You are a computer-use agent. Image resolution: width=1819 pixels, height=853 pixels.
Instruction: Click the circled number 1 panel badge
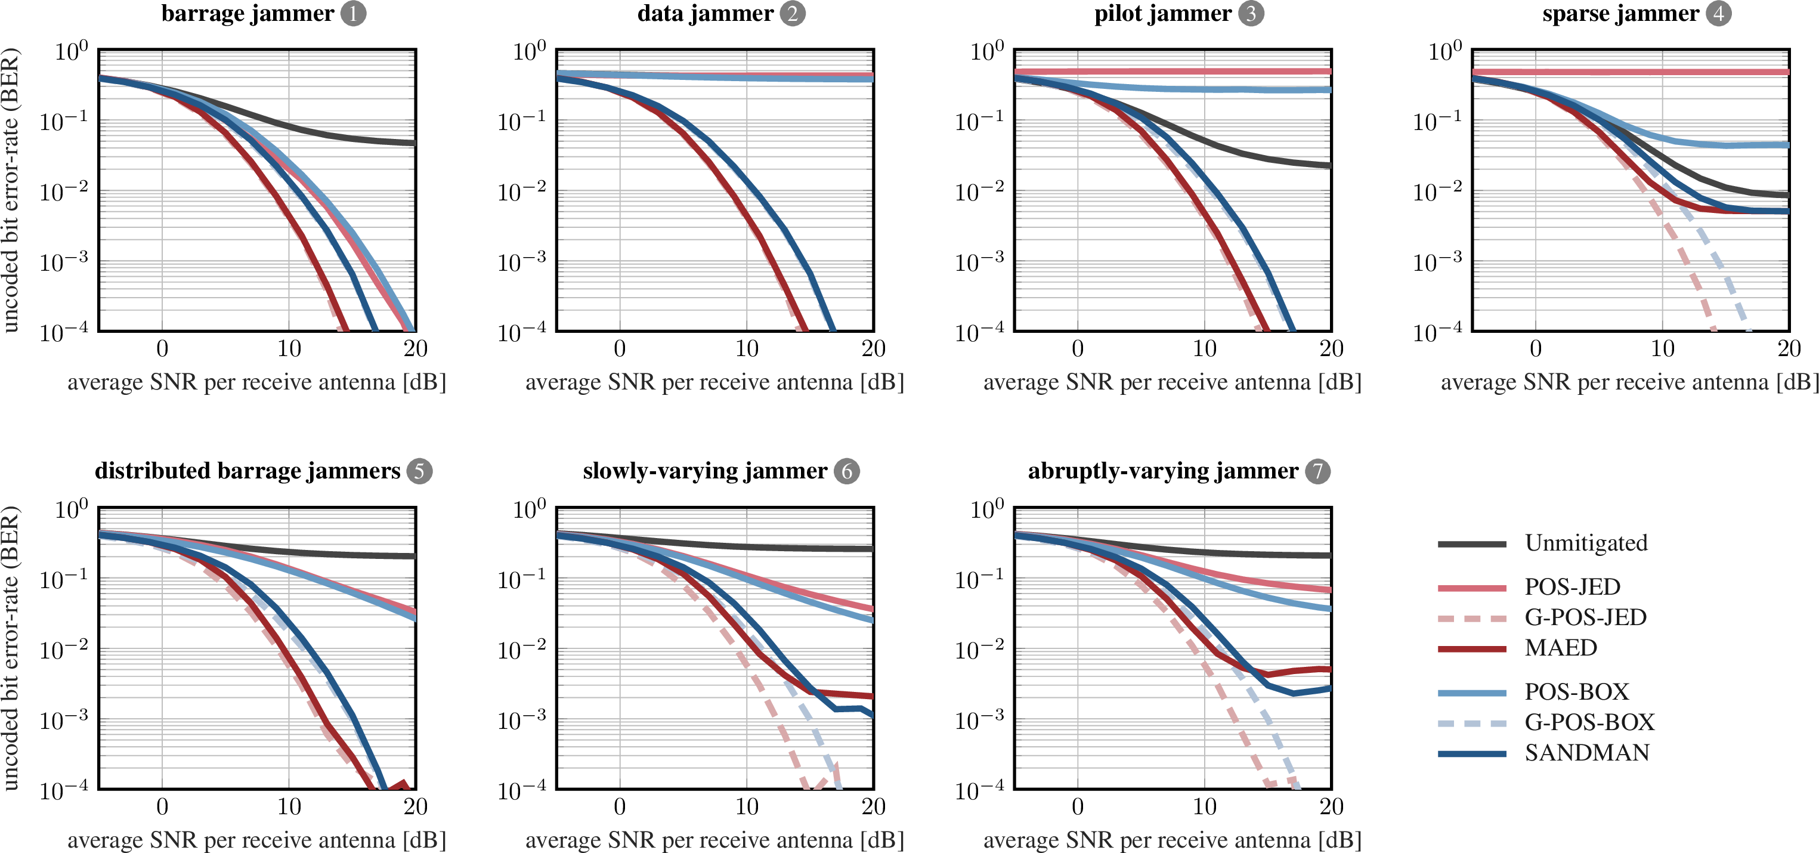(353, 13)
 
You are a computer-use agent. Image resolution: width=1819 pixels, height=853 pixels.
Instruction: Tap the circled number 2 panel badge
(792, 13)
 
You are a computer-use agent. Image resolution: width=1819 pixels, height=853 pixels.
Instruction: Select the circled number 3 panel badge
(1251, 13)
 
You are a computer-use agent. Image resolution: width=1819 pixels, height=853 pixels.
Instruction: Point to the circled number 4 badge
(1719, 13)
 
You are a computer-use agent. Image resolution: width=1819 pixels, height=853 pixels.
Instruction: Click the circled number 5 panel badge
(419, 471)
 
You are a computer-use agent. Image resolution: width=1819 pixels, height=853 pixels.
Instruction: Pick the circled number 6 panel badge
(847, 471)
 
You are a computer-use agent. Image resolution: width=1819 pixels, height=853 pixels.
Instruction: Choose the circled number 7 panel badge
(1317, 471)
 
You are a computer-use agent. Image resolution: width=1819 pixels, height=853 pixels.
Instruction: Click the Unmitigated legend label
(1586, 543)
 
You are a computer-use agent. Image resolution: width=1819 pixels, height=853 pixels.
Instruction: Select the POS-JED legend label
(1573, 587)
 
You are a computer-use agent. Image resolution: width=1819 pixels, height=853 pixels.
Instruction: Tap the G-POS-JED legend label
(1585, 617)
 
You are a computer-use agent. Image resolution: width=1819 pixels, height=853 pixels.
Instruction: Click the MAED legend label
(1561, 648)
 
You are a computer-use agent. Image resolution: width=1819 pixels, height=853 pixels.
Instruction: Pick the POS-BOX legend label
(1576, 691)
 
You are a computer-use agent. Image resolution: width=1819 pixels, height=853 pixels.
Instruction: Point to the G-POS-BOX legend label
(1589, 722)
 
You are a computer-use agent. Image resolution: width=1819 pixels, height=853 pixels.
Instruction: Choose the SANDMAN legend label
(1586, 753)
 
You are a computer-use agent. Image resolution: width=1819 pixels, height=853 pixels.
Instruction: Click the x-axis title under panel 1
(257, 382)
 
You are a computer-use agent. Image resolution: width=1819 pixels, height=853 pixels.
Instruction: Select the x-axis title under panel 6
(714, 840)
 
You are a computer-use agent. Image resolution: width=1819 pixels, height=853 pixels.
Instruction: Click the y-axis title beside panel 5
(11, 648)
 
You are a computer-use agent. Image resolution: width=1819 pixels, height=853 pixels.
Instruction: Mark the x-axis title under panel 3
(1172, 382)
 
